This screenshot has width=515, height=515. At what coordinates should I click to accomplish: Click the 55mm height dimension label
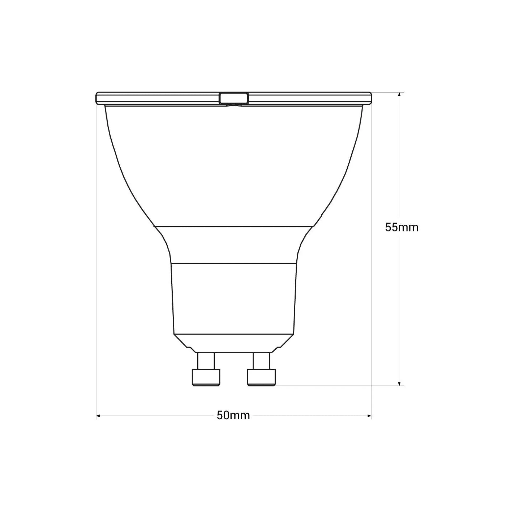tap(401, 228)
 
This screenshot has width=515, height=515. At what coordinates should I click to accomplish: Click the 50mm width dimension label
tap(233, 416)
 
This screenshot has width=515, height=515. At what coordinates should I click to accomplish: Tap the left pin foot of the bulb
tap(206, 377)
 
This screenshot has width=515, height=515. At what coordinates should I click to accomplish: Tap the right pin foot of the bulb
tap(261, 377)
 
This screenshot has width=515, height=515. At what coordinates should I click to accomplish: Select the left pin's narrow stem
tap(206, 361)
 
